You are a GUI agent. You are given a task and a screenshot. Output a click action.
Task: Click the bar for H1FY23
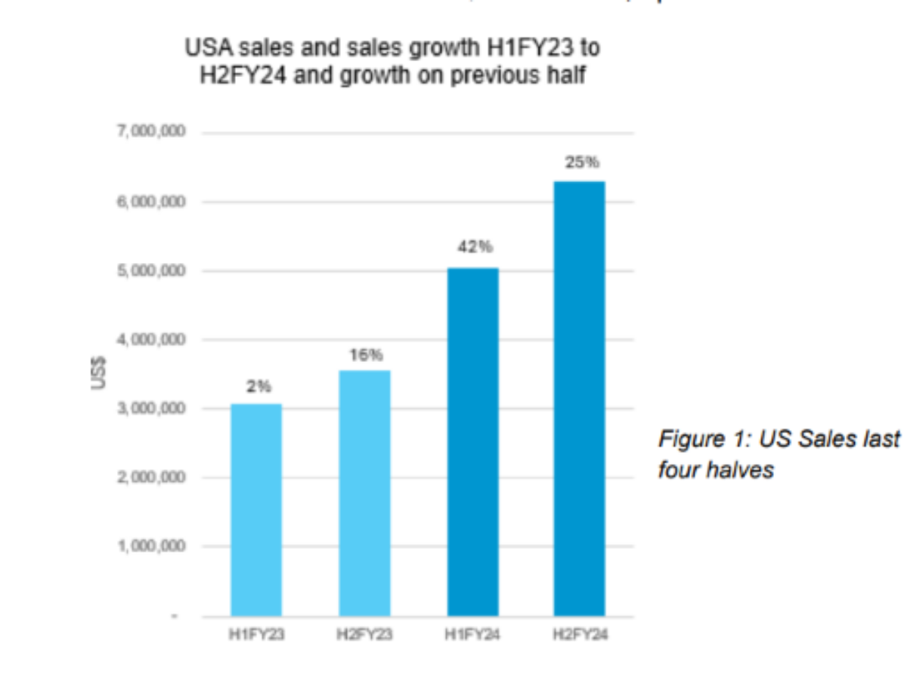pos(256,510)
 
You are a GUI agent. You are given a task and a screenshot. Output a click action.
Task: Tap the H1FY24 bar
pos(472,442)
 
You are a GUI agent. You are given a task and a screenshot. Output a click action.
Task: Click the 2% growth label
pos(258,387)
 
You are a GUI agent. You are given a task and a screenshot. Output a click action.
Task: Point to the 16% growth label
pos(366,354)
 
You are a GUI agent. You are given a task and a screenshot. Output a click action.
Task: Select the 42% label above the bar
pos(472,247)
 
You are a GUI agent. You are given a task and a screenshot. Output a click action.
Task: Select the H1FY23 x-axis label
pos(256,635)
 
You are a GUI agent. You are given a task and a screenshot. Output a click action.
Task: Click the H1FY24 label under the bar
pos(472,635)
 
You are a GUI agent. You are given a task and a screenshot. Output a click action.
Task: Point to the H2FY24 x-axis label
pos(580,635)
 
